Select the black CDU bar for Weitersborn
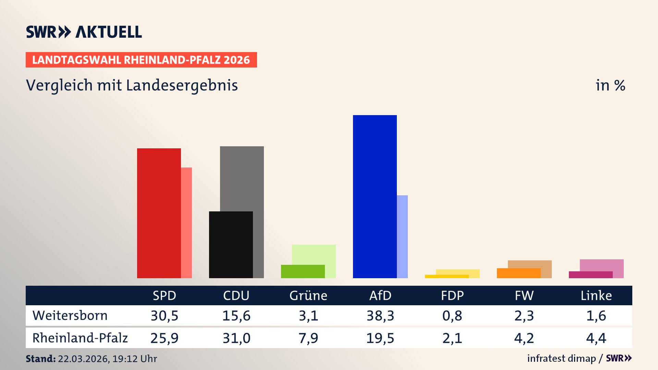231,245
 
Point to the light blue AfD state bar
402,236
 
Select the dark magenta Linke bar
590,275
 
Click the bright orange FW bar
519,273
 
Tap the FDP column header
452,296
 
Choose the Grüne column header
308,296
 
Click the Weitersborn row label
70,316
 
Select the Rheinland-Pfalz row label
80,338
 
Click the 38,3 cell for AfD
380,316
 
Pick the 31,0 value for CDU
236,338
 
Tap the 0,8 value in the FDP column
452,316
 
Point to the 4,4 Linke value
596,338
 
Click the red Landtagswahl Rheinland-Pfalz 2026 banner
141,60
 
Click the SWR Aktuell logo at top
84,32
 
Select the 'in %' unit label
610,85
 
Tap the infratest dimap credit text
561,358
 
